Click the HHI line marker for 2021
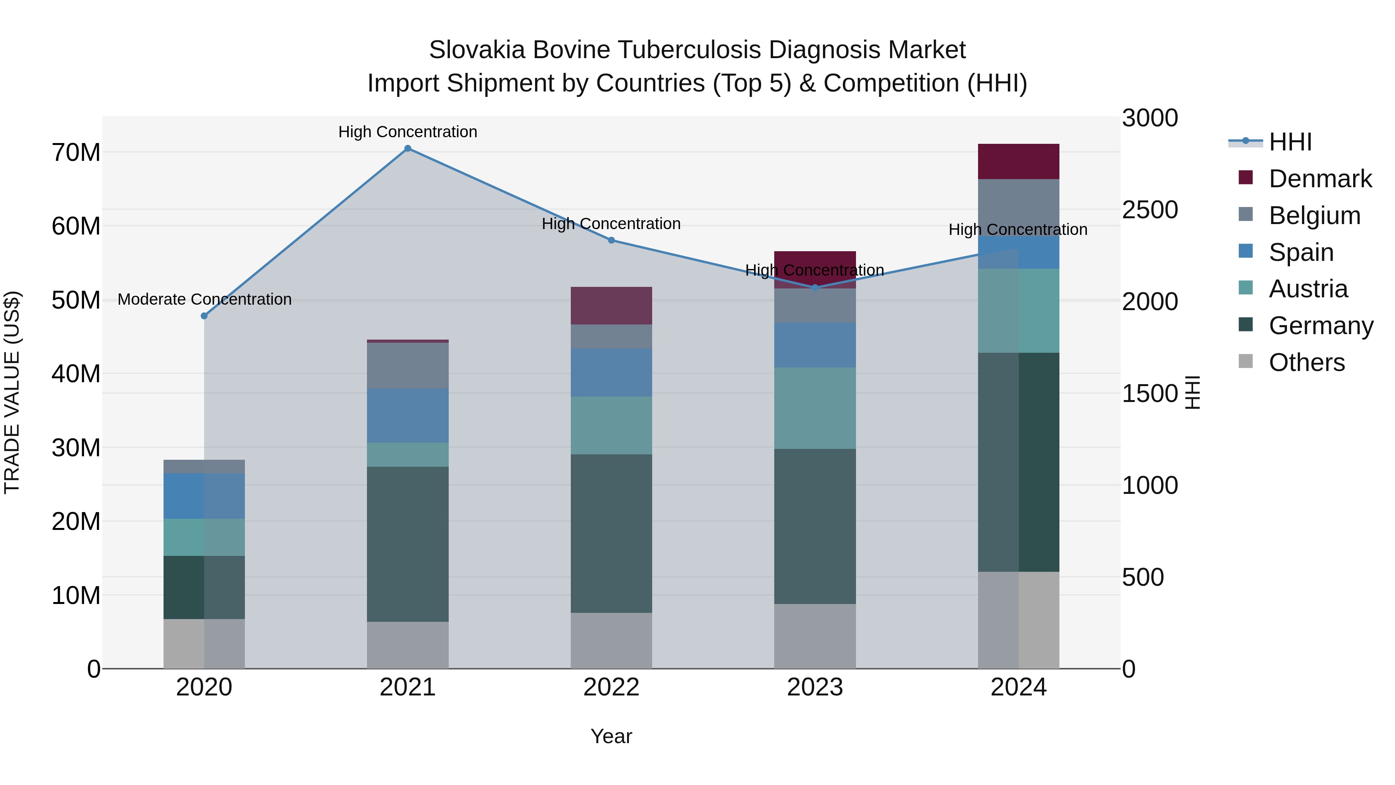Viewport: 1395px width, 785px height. point(408,148)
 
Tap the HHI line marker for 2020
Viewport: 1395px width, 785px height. point(204,316)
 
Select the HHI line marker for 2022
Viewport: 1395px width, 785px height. point(611,240)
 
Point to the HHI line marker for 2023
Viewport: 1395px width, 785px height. point(815,288)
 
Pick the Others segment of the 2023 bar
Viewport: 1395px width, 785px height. point(815,636)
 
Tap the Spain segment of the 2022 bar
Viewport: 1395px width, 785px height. point(611,372)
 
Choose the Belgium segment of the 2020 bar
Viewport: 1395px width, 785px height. point(204,466)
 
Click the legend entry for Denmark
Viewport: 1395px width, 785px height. point(1320,179)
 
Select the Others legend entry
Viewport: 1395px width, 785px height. point(1306,362)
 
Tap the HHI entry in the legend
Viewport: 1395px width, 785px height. point(1290,142)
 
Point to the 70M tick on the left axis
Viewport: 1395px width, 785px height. point(76,153)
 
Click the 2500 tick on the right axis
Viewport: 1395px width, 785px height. point(1150,210)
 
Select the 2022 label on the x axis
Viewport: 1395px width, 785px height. point(611,687)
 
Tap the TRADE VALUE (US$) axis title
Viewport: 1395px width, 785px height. point(12,392)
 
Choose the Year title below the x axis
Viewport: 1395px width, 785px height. point(611,736)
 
